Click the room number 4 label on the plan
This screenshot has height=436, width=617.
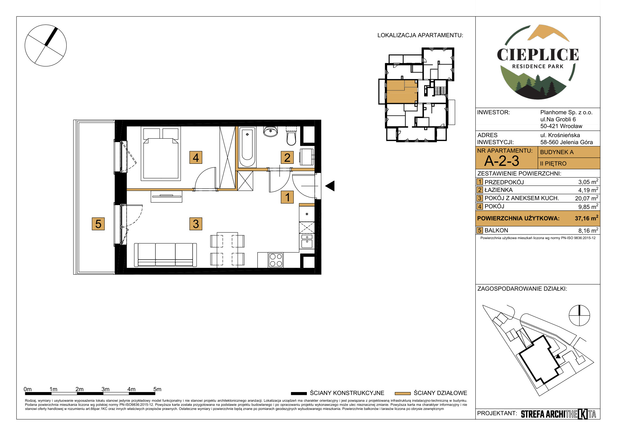click(x=196, y=158)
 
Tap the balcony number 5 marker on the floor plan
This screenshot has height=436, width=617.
click(x=98, y=224)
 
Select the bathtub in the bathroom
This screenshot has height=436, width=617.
click(x=247, y=147)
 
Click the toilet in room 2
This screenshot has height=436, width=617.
click(x=291, y=136)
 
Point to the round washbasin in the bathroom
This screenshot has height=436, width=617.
click(x=270, y=132)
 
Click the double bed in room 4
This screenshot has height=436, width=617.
click(x=161, y=154)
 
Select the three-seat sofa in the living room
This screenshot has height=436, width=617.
click(x=165, y=255)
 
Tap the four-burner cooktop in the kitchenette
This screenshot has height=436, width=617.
click(x=276, y=260)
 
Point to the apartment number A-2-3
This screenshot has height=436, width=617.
click(x=502, y=161)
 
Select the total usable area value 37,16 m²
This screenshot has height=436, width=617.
click(x=587, y=218)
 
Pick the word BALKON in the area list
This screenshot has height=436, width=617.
click(x=496, y=230)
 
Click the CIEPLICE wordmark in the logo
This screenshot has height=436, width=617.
click(x=538, y=55)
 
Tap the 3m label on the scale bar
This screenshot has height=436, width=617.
click(x=106, y=389)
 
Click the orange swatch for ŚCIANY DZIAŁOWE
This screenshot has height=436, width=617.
click(x=402, y=394)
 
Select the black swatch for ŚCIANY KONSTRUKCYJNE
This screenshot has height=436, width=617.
click(x=299, y=394)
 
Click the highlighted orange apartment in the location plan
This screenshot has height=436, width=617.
click(x=402, y=91)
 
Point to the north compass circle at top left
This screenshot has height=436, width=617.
click(x=46, y=45)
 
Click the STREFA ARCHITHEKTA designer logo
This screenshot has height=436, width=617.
click(x=558, y=414)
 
